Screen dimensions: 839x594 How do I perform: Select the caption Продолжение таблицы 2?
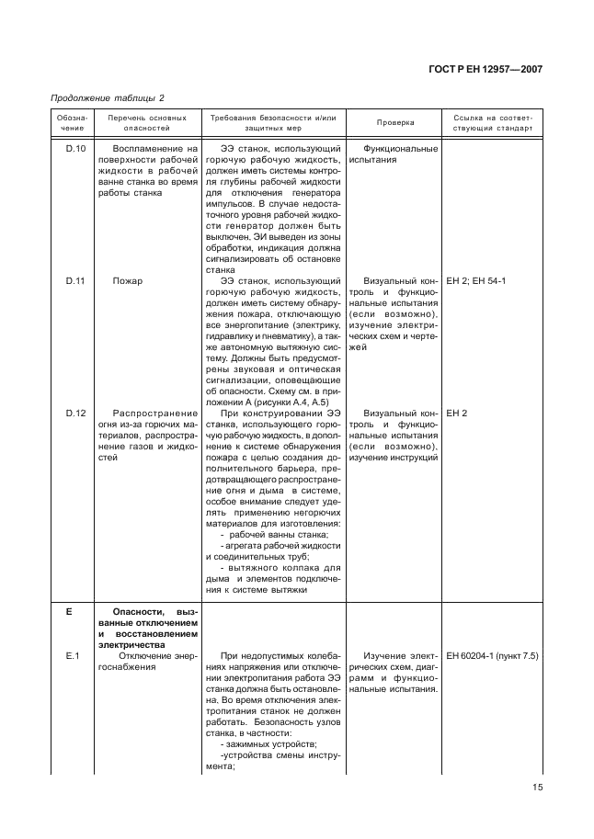point(100,98)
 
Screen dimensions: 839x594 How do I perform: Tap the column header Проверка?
point(395,123)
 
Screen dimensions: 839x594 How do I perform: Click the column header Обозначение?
point(71,123)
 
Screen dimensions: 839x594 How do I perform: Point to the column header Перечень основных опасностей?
point(147,123)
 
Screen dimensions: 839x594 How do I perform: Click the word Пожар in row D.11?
point(128,280)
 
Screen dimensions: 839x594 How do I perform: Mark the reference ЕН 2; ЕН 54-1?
point(475,280)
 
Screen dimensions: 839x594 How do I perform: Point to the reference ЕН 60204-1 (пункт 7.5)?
point(492,655)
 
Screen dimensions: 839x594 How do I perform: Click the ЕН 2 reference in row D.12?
point(457,413)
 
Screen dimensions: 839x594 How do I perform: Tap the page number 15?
point(538,787)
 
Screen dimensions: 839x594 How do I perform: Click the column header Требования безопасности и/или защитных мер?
point(274,123)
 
